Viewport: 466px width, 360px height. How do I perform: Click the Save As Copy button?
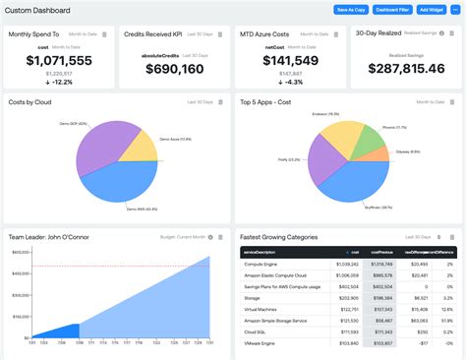tap(351, 10)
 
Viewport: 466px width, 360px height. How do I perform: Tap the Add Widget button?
tap(430, 10)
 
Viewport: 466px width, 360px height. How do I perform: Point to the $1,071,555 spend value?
tap(59, 61)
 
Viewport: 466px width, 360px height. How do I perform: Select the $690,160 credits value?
tap(174, 69)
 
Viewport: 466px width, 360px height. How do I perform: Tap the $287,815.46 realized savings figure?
tap(405, 68)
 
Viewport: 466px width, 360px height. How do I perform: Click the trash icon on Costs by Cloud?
tap(220, 102)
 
